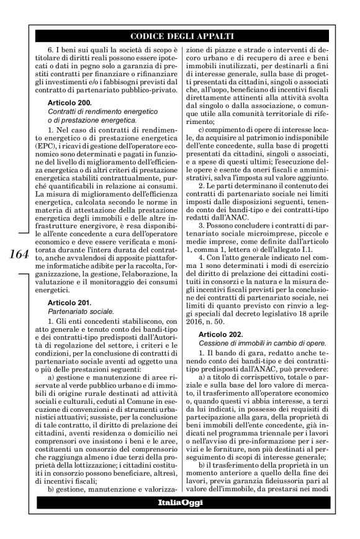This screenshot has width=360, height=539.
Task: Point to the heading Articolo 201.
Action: tap(70, 302)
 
